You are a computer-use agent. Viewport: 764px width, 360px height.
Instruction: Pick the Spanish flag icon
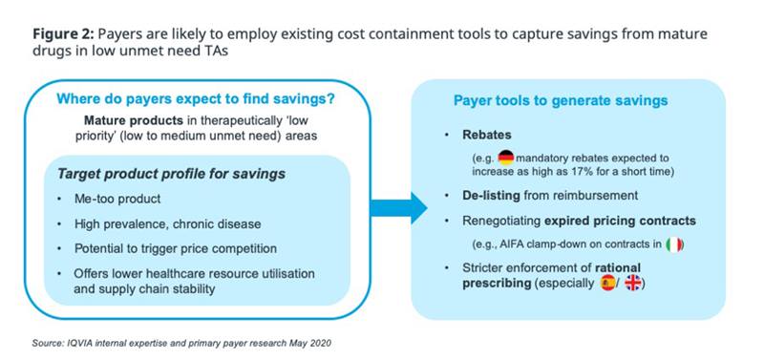point(607,284)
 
